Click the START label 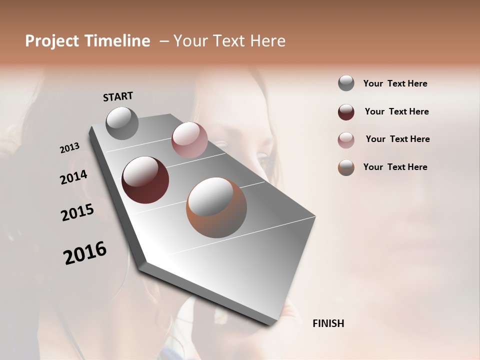tap(118, 96)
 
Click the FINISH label tap(328, 323)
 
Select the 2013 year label tap(69, 148)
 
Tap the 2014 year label tap(73, 177)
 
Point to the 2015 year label tap(77, 212)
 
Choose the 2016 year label tap(85, 253)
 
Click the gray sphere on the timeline tap(122, 123)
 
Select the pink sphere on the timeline tap(189, 140)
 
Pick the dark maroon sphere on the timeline tap(145, 180)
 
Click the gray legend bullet tap(346, 83)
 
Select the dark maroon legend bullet tap(346, 112)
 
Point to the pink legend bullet tap(346, 140)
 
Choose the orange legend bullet tap(346, 167)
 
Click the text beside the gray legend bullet tap(395, 83)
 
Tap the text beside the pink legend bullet tap(397, 139)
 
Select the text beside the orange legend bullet tap(395, 167)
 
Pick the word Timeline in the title tap(117, 41)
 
